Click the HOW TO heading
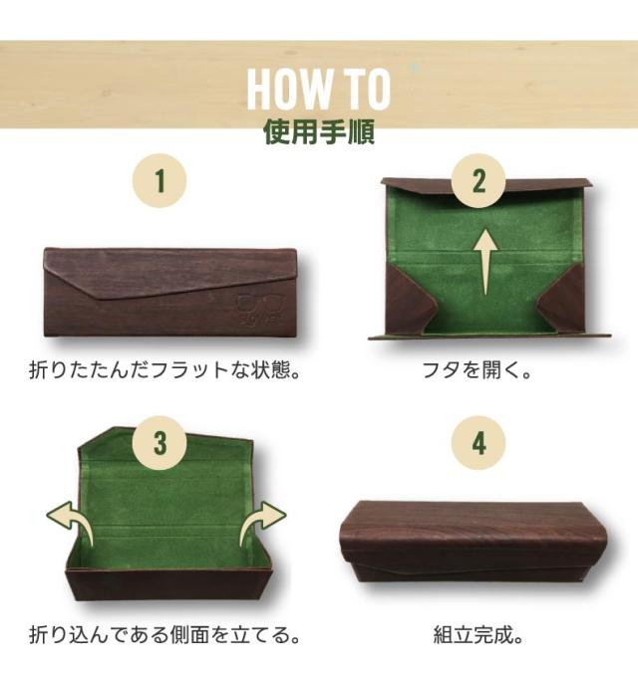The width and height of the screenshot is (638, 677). [318, 88]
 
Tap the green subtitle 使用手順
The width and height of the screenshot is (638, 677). [318, 133]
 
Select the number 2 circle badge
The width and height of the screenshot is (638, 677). [478, 181]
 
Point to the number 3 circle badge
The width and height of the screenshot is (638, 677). [159, 443]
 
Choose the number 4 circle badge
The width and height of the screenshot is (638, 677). [478, 443]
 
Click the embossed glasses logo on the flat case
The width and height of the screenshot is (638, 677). [256, 310]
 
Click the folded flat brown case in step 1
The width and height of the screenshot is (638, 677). [159, 292]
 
